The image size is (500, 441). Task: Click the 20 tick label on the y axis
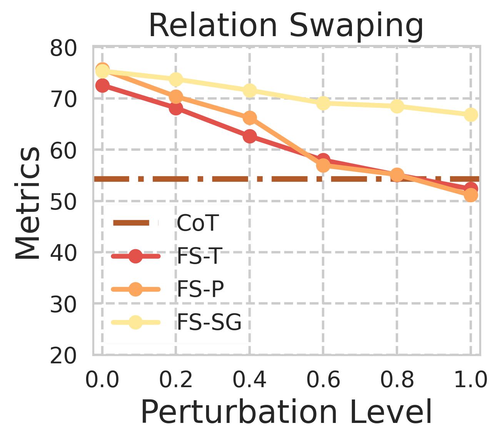click(63, 356)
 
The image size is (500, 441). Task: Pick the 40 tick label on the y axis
click(63, 254)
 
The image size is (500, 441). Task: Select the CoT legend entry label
click(197, 223)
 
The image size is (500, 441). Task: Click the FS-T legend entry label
click(199, 256)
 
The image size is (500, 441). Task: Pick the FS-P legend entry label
click(200, 289)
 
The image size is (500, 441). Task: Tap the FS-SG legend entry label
click(209, 322)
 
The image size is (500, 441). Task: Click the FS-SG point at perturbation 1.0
click(471, 115)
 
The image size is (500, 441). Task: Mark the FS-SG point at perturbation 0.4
click(250, 91)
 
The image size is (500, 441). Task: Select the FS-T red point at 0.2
click(176, 108)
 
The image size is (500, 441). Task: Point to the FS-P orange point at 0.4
click(250, 118)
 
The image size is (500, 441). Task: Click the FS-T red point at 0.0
click(102, 85)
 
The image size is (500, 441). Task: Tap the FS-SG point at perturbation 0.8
click(397, 107)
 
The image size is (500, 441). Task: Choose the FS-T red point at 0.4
click(250, 136)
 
